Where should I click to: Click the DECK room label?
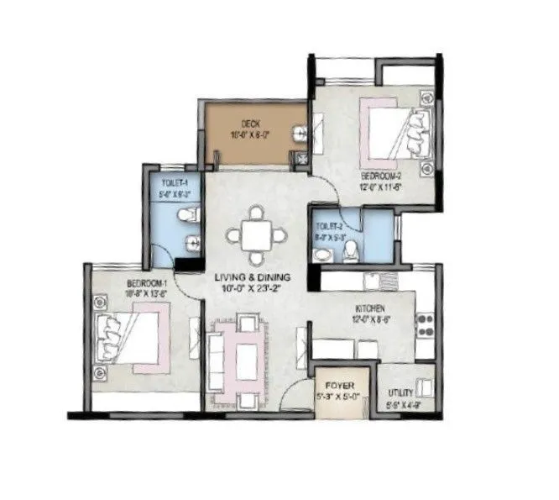click(x=249, y=123)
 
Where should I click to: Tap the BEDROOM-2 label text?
click(x=382, y=177)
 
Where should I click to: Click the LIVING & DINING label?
click(x=251, y=276)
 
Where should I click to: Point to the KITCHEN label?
click(x=370, y=308)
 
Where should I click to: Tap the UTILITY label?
click(x=400, y=392)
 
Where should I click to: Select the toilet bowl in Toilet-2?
click(x=353, y=250)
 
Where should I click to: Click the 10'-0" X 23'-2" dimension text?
click(x=252, y=288)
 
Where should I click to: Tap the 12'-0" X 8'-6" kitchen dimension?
click(x=370, y=319)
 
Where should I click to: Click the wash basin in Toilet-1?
click(x=193, y=245)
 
